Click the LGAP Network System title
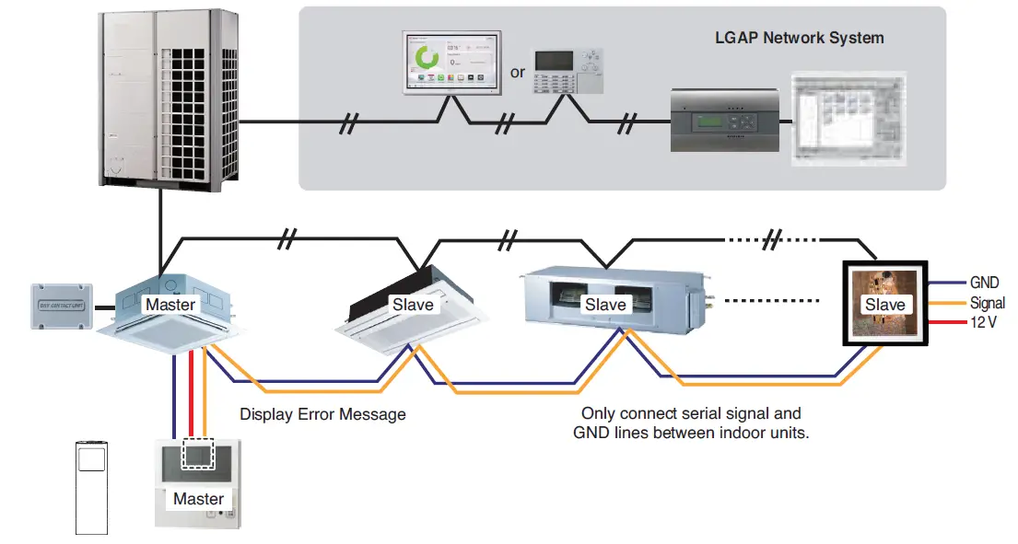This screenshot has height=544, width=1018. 799,38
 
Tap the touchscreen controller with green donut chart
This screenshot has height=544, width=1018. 450,63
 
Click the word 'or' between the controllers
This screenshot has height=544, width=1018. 519,71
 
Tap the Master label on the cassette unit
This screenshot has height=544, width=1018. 170,304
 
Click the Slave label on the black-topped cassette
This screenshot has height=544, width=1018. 413,305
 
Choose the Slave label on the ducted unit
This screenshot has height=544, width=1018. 605,304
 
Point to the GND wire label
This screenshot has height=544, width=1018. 984,283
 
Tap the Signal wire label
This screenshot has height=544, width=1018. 988,302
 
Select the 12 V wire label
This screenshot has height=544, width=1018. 984,322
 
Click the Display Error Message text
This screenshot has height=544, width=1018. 322,414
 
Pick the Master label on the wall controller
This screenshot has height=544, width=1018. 198,499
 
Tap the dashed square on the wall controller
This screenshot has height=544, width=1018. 199,454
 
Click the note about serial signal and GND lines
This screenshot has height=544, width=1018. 691,422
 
